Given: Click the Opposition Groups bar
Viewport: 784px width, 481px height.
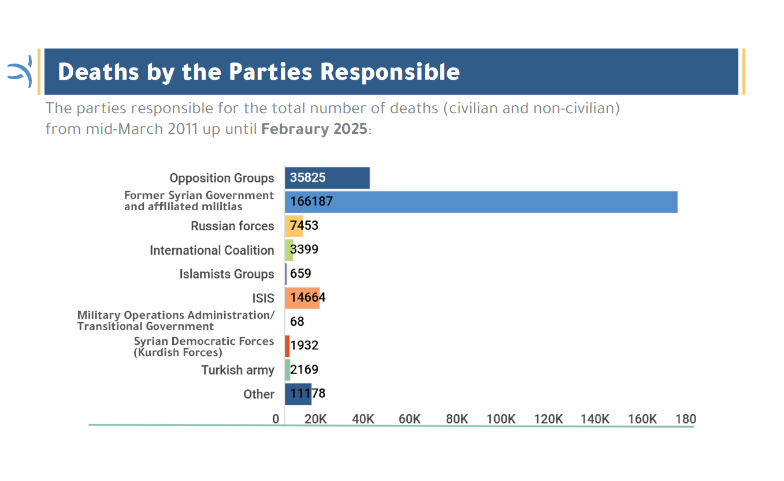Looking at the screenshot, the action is [327, 178].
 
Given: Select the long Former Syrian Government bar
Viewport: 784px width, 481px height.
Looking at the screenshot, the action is [481, 202].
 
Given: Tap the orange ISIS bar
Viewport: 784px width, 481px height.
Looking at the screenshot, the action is [302, 298].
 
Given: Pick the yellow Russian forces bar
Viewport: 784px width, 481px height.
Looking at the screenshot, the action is [293, 226].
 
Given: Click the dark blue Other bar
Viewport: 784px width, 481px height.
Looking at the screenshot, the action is [298, 394].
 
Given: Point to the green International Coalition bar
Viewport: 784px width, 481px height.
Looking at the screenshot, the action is [289, 250].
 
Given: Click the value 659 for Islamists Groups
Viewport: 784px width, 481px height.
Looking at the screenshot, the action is [300, 274].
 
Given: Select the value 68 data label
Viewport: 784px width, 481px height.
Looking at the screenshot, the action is [297, 322].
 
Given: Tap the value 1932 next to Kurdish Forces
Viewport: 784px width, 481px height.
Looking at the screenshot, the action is [304, 346].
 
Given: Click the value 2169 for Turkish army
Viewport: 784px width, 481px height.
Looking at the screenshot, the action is [304, 370].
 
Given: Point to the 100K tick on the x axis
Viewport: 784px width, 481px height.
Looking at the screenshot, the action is [501, 419].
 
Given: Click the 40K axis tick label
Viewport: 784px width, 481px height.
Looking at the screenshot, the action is [363, 419].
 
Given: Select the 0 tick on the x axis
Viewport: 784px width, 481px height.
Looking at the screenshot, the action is [276, 419].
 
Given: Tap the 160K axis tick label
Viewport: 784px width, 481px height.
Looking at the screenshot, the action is [642, 419].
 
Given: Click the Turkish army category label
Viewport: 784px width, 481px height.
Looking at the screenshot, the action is [237, 370].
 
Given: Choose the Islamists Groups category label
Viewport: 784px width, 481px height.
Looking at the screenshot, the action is [227, 274].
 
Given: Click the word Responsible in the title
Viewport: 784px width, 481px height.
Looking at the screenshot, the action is [390, 72].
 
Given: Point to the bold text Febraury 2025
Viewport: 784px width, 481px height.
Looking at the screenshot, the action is [314, 129].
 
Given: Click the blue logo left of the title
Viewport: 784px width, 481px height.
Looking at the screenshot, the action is [20, 72].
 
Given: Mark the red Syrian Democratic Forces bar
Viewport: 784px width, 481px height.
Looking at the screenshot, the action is [287, 346].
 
